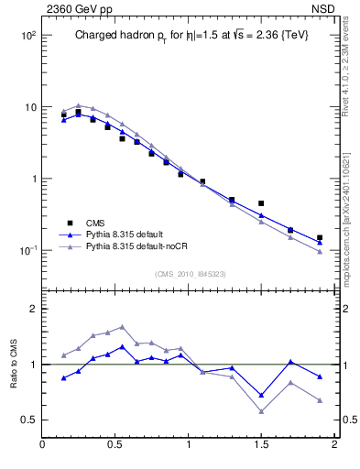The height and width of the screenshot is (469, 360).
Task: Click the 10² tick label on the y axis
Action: [x=27, y=35]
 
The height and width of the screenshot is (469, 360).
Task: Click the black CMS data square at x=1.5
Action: [x=261, y=203]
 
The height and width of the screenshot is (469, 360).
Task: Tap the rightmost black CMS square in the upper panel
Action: [x=320, y=237]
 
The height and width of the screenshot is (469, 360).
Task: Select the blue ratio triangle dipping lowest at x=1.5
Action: [x=261, y=396]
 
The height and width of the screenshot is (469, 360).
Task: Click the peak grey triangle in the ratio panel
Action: [x=122, y=326]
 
